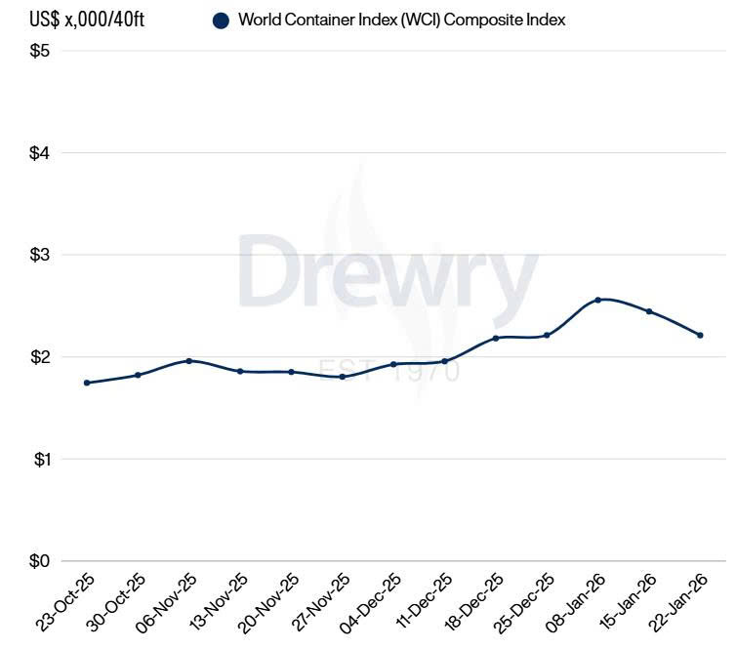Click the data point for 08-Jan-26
pos(597,300)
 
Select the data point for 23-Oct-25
pos(87,383)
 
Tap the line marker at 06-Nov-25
pos(189,361)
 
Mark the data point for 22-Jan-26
pos(700,335)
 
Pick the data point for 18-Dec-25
pos(496,339)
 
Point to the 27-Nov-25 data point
pos(342,377)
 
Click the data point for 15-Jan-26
pos(649,311)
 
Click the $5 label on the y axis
pos(40,51)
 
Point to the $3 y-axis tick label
pos(40,255)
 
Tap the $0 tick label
pos(40,561)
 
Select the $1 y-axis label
pos(40,459)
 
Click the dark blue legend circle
pos(221,20)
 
